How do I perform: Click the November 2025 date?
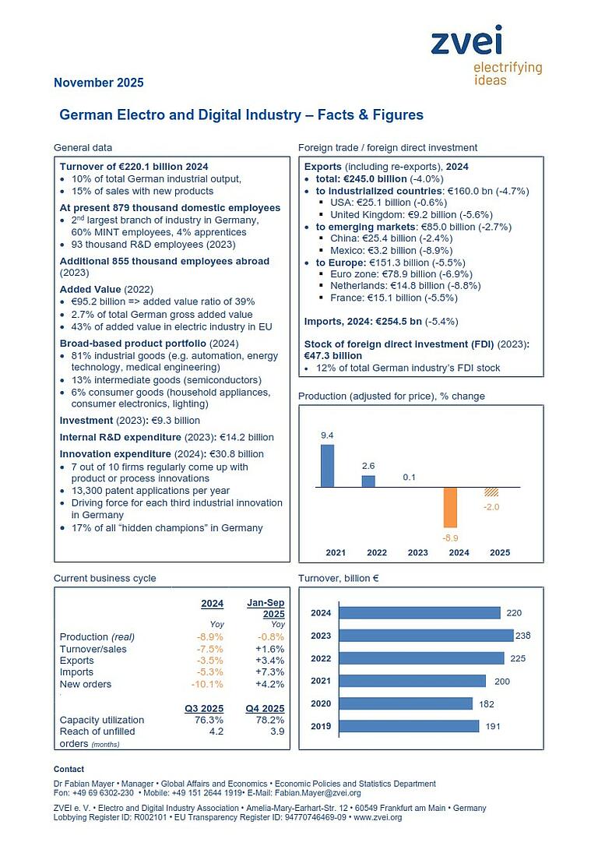click(x=98, y=83)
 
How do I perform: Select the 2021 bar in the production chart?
click(x=328, y=465)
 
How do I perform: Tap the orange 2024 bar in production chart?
click(x=450, y=506)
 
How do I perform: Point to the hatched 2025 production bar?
click(x=491, y=492)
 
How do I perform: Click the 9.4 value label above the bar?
click(x=328, y=435)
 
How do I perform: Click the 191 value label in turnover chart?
click(x=494, y=726)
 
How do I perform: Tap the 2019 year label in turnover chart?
click(x=321, y=726)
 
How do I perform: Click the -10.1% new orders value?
click(x=207, y=684)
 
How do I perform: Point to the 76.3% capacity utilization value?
click(x=208, y=720)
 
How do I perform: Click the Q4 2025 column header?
click(x=266, y=708)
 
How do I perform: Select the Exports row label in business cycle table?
click(x=76, y=661)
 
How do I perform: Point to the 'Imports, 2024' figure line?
click(x=381, y=320)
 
